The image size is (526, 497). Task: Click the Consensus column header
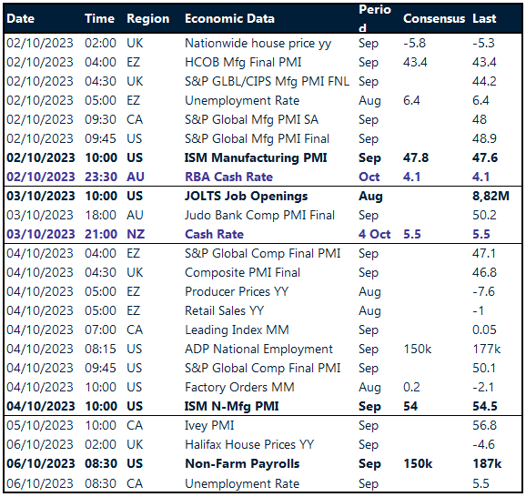click(x=432, y=18)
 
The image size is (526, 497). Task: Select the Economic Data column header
click(x=229, y=18)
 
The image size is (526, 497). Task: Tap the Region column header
click(x=147, y=18)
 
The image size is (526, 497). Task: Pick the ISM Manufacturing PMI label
click(x=256, y=157)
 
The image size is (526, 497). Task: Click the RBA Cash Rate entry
click(x=228, y=177)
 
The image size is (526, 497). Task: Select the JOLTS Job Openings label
click(x=246, y=196)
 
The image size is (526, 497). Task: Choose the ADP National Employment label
click(x=258, y=349)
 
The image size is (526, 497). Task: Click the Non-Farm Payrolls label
click(x=241, y=463)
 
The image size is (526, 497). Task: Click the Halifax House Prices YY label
click(x=248, y=444)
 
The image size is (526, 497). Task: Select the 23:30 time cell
click(x=101, y=177)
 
